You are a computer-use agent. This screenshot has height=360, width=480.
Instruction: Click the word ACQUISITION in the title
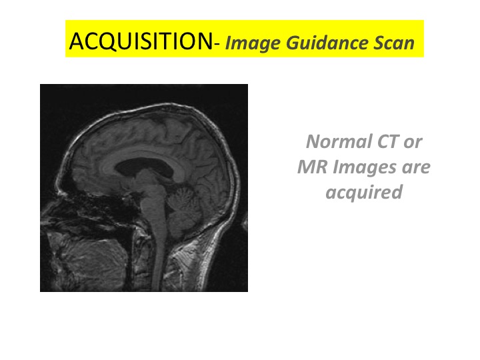tap(141, 41)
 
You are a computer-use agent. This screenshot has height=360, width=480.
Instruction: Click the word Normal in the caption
tap(339, 141)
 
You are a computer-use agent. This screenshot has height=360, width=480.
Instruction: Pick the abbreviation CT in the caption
tap(388, 141)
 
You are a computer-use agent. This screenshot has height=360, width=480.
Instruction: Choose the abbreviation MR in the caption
tap(313, 167)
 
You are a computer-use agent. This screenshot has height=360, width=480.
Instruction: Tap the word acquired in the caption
tap(364, 193)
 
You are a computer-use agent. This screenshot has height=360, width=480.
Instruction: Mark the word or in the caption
tap(413, 143)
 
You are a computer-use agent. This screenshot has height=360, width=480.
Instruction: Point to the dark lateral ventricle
tap(145, 167)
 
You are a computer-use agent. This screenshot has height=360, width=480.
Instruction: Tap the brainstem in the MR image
tap(153, 196)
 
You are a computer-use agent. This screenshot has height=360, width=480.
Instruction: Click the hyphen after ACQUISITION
tap(217, 45)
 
